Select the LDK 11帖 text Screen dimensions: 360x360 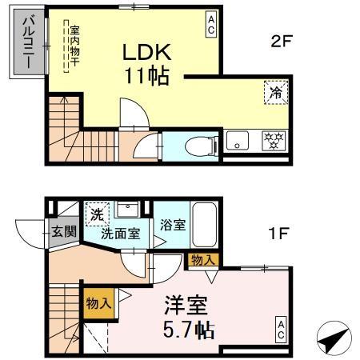[x=146, y=64]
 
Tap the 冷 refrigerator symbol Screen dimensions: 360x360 [x=274, y=93]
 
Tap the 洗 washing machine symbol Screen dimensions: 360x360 [x=95, y=214]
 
